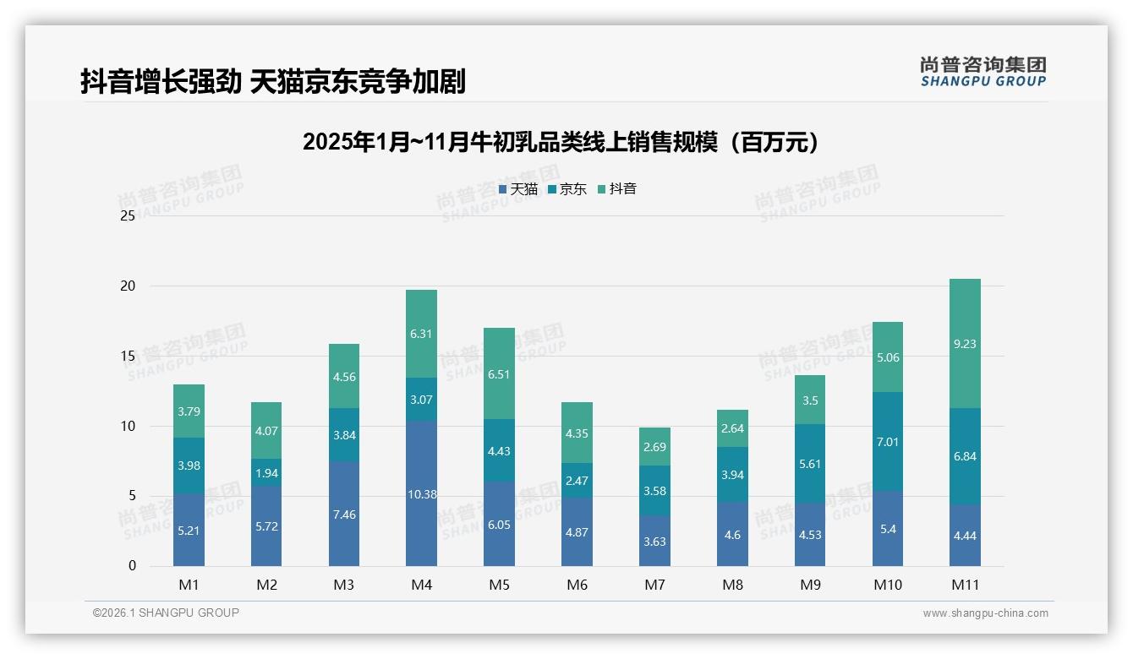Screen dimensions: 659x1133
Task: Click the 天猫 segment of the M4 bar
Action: click(421, 493)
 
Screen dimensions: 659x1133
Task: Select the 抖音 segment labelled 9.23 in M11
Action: click(965, 344)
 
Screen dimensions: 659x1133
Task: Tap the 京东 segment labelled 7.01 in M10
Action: click(887, 442)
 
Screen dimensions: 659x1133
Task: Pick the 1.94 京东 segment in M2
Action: click(266, 472)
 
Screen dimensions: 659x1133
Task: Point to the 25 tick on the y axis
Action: click(128, 216)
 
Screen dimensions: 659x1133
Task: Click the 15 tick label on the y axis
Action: click(128, 356)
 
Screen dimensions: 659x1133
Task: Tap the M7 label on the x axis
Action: click(655, 585)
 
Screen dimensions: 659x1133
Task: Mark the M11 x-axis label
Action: click(965, 585)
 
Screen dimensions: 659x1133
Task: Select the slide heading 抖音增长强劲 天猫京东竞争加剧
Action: click(272, 81)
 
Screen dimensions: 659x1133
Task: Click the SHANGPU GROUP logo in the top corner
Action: click(982, 71)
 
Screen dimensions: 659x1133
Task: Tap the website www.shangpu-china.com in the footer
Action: click(985, 613)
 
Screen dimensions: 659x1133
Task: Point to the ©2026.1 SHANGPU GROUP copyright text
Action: click(166, 613)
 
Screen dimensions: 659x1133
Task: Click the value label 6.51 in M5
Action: click(499, 374)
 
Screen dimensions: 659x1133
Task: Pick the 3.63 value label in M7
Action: click(655, 542)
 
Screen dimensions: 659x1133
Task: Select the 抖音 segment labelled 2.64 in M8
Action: click(732, 428)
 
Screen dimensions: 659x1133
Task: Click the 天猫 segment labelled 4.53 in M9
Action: click(810, 535)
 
